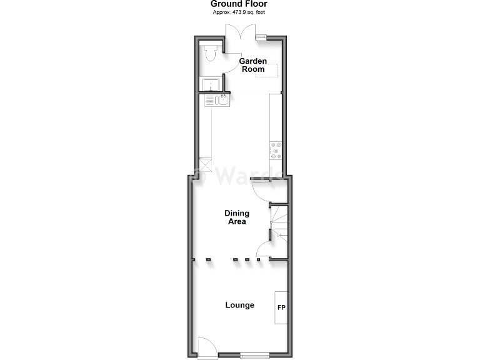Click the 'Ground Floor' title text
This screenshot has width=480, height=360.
tap(239, 4)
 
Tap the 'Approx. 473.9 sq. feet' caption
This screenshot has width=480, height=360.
tap(239, 12)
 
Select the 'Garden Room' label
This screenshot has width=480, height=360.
tap(254, 65)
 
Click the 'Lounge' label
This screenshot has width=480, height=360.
tap(240, 305)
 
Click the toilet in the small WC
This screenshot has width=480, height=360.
tap(211, 54)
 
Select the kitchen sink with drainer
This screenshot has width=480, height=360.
tap(214, 100)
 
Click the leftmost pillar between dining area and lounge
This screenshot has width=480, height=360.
tap(194, 259)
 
